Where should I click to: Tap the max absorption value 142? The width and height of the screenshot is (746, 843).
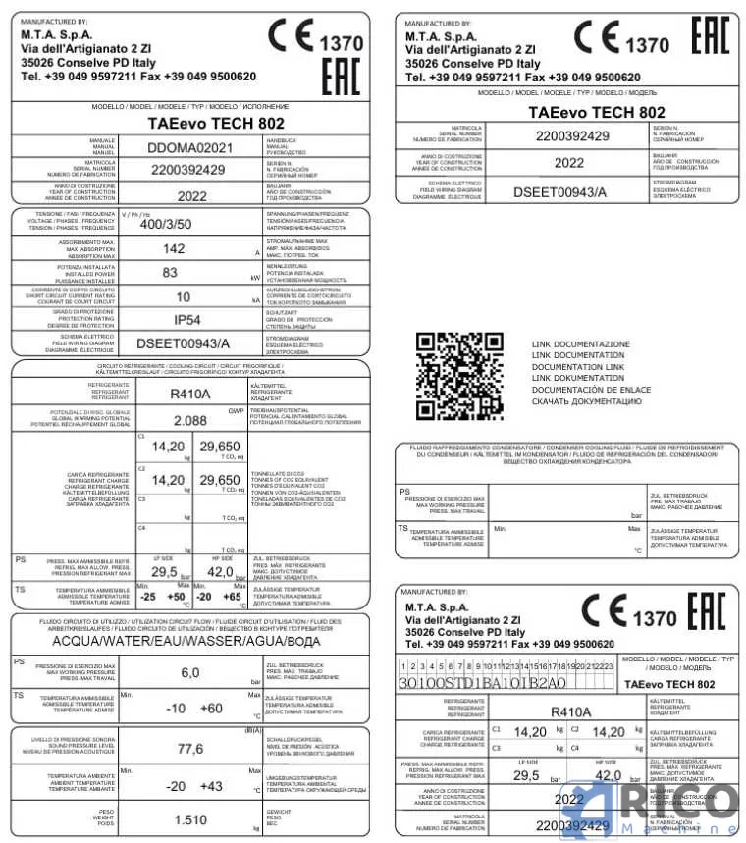[x=174, y=248]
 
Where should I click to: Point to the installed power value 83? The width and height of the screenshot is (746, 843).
[x=171, y=273]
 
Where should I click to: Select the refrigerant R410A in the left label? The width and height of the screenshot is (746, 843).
[x=190, y=394]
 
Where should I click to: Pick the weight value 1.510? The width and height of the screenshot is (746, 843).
[x=189, y=819]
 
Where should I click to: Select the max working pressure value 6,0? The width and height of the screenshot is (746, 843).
[x=190, y=672]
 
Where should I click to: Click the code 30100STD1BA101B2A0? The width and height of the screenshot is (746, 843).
[x=483, y=683]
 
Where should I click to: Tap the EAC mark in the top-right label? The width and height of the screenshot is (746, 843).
[x=711, y=35]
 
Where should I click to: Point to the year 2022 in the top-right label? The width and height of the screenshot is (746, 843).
[x=568, y=163]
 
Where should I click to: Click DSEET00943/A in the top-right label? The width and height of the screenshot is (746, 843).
[x=560, y=190]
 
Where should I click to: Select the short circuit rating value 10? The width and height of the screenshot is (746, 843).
[x=183, y=296]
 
